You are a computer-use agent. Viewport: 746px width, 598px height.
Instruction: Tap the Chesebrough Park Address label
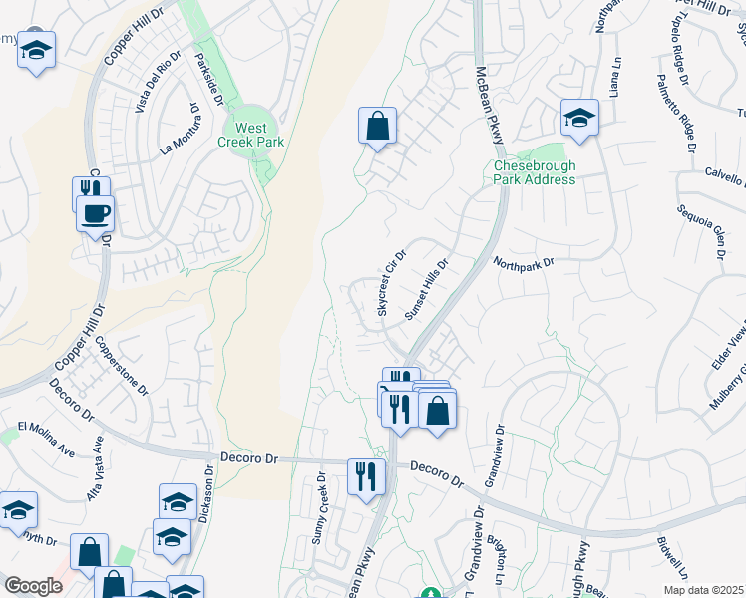535,172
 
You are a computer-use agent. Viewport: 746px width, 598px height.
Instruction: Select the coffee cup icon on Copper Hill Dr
96,213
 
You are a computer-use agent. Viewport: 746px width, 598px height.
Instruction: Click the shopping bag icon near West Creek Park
377,127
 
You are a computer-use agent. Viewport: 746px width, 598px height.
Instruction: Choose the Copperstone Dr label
121,363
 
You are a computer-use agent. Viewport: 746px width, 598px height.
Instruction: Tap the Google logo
33,586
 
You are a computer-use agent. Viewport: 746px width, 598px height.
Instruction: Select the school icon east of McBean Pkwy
578,117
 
